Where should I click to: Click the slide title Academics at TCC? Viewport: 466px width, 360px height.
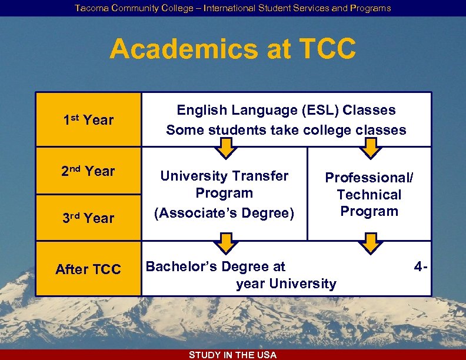click(232, 49)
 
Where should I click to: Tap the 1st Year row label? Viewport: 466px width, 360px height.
click(88, 120)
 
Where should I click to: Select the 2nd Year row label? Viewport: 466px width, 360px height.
click(88, 171)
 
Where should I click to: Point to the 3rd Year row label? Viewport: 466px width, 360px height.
click(88, 218)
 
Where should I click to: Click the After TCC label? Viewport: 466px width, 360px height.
click(88, 269)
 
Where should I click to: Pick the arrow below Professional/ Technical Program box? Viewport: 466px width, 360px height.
click(370, 242)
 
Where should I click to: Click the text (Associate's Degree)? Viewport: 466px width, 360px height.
click(224, 212)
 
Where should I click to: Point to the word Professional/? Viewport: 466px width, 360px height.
click(370, 178)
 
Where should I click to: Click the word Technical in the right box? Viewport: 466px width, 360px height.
click(370, 195)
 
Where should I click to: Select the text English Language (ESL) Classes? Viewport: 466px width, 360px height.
click(286, 110)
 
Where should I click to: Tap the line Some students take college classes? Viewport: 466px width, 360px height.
click(286, 130)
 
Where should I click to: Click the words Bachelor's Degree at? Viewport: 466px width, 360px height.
click(215, 266)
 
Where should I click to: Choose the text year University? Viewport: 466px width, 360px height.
click(286, 284)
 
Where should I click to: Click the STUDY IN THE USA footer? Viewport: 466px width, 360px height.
click(232, 355)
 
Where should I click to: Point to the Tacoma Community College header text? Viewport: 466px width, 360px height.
click(232, 8)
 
